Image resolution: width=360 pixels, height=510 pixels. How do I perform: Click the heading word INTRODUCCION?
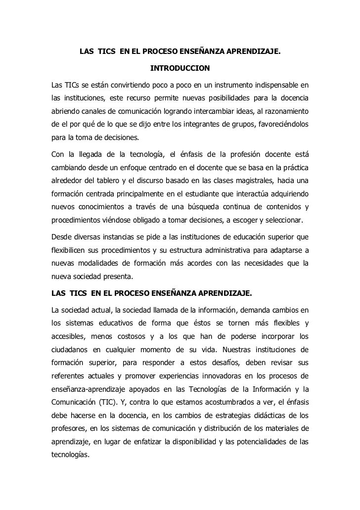click(180, 67)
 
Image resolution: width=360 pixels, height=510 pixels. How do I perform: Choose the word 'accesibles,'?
click(71, 338)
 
